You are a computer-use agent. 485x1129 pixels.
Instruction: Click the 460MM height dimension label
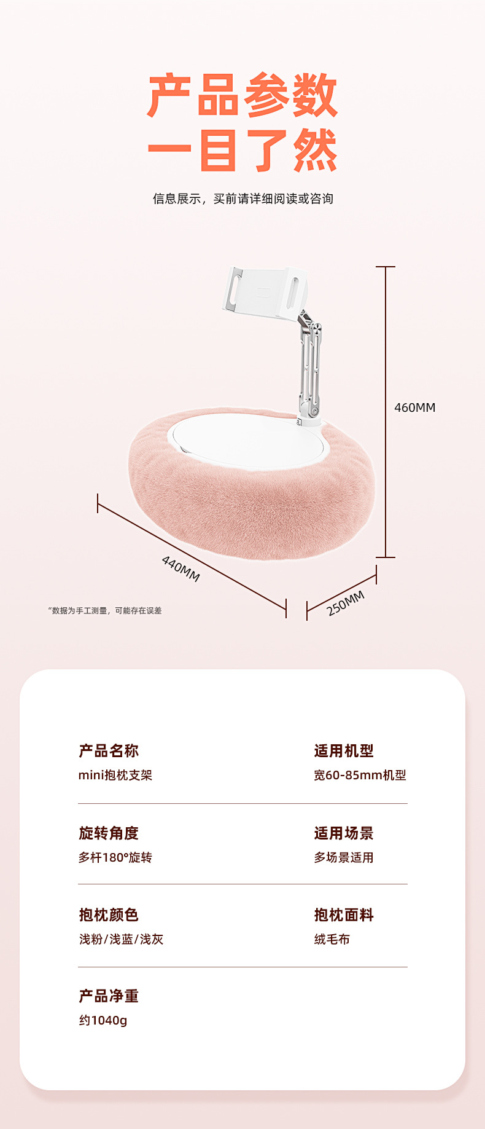414,407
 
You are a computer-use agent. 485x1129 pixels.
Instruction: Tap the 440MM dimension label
180,568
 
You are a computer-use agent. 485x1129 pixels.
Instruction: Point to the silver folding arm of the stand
309,363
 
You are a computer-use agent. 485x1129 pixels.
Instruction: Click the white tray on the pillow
246,439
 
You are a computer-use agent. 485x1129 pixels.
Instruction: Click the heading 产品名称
109,750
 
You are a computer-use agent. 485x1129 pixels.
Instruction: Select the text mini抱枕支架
115,775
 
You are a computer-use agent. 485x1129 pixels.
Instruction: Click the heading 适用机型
344,750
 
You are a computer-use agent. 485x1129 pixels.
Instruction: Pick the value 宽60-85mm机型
360,775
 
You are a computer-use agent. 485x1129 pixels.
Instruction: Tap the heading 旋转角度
109,833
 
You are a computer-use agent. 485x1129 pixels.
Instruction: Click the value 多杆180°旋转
115,857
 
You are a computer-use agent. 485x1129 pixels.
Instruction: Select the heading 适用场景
344,833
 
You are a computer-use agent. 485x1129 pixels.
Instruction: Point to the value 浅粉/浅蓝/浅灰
121,939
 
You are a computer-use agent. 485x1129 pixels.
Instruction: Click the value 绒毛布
332,939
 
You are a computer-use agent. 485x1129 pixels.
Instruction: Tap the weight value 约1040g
103,1020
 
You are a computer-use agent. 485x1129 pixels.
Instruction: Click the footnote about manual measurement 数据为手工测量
105,610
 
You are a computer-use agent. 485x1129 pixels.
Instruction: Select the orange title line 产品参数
243,95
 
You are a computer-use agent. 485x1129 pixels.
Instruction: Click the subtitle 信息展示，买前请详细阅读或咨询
243,199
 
